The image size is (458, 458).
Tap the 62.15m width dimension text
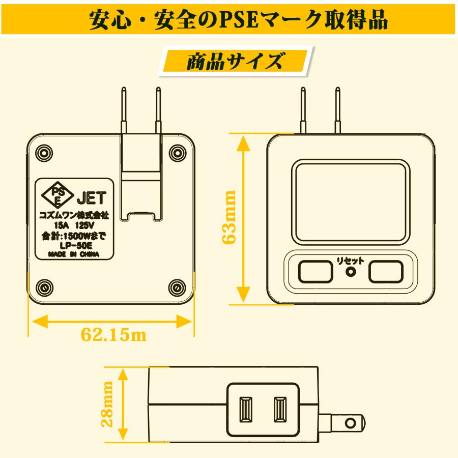[x=113, y=334]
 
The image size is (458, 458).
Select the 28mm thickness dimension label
[x=107, y=404]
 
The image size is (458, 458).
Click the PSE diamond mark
[x=58, y=195]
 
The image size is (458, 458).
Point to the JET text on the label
[x=92, y=198]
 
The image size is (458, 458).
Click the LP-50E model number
[x=76, y=245]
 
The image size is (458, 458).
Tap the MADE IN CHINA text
[x=74, y=254]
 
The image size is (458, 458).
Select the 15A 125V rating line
[x=74, y=225]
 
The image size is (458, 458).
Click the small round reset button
[x=351, y=272]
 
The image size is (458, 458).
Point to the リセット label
[x=350, y=261]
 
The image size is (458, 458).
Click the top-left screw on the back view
[x=44, y=153]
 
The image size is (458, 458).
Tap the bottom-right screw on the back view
[x=177, y=288]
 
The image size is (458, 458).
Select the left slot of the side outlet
[x=246, y=409]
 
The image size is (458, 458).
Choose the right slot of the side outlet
[x=280, y=409]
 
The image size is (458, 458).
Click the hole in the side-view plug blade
[x=350, y=423]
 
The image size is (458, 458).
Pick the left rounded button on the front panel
[x=316, y=272]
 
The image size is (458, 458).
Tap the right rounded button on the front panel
[x=386, y=272]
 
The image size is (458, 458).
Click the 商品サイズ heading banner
[x=236, y=61]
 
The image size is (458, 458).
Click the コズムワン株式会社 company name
[x=74, y=216]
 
